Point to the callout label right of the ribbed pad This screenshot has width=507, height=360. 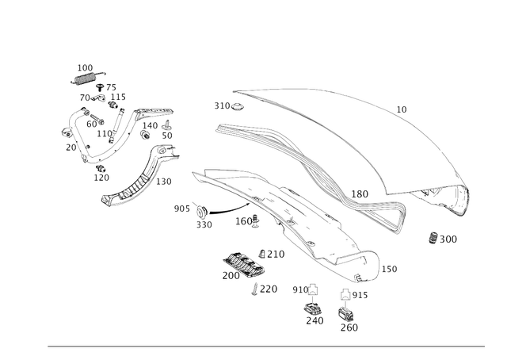click(x=273, y=253)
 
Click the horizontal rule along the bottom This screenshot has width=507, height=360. click(x=266, y=346)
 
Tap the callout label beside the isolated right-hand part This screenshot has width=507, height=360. click(x=449, y=237)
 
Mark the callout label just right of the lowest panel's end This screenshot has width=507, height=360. click(x=394, y=270)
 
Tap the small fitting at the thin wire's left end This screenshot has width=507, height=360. click(x=200, y=211)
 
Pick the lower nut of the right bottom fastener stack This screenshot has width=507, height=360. click(x=346, y=315)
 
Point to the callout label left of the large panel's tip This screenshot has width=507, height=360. click(x=360, y=193)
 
